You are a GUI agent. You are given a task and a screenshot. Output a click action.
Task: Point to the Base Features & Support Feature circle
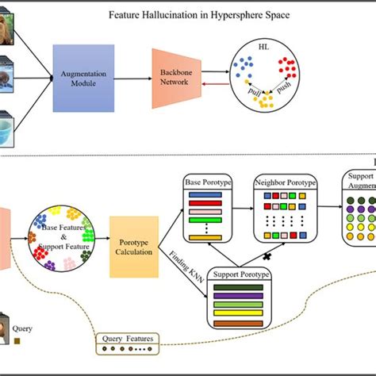(x=60, y=237)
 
